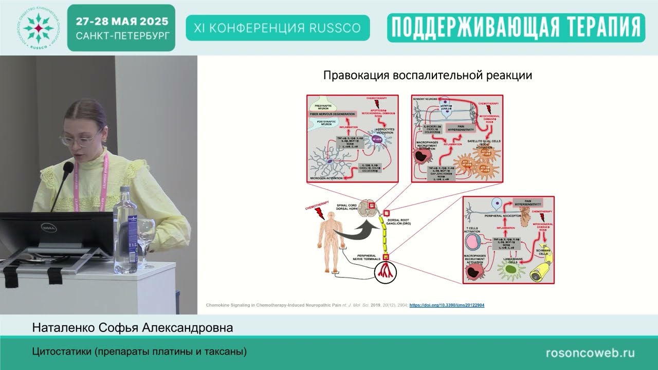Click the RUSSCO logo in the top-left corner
pos(38,27)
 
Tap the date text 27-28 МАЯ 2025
pos(122,22)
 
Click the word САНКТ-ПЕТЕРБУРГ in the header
pos(122,36)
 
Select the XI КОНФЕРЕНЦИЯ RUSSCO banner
pos(278,28)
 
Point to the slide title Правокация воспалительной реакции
pos(427,76)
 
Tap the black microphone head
pos(68,168)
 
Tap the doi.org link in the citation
pos(447,305)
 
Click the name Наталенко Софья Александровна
pos(133,327)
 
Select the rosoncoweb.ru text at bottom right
pos(590,353)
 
